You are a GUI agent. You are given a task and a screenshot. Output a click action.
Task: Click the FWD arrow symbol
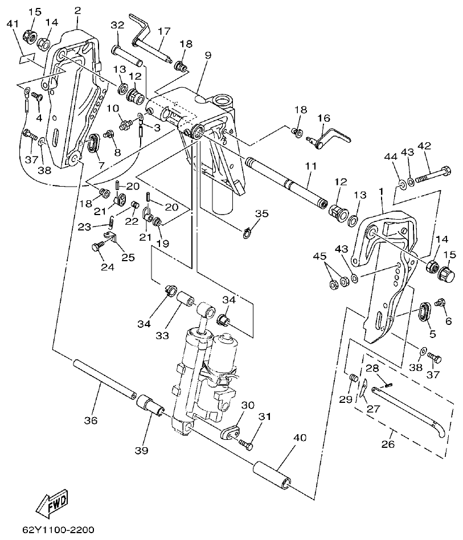(x=51, y=502)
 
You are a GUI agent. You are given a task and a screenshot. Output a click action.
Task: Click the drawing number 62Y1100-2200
(x=58, y=529)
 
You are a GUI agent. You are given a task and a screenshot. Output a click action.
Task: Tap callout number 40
(x=299, y=438)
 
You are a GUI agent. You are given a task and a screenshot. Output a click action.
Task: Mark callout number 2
(x=78, y=10)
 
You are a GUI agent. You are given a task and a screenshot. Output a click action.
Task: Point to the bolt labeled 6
(x=439, y=303)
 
